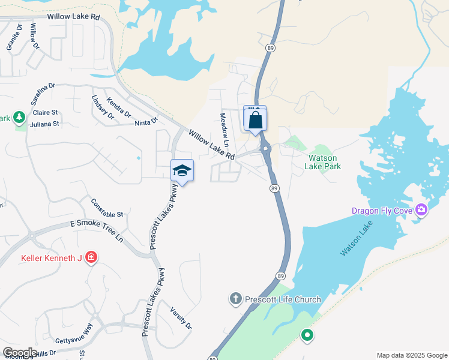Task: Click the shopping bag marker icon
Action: (256, 120)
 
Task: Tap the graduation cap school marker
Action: (182, 172)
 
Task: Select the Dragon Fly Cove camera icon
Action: (421, 210)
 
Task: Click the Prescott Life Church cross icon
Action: (236, 298)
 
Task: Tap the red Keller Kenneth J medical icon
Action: (91, 258)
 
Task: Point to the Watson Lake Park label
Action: (325, 162)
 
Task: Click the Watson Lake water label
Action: (357, 239)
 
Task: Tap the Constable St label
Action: (107, 208)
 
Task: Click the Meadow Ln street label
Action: (224, 130)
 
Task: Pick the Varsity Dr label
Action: (181, 317)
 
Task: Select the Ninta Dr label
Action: (146, 122)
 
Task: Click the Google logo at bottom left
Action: (19, 352)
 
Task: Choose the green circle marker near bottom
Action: (307, 335)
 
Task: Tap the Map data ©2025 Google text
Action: (411, 355)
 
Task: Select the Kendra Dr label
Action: (118, 108)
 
